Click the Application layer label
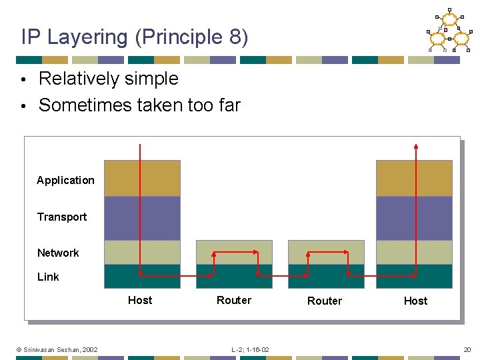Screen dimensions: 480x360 point(65,180)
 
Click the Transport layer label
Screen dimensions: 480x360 point(62,217)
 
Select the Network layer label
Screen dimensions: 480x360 point(58,253)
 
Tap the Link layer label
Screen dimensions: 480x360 point(48,277)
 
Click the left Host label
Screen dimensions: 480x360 point(140,300)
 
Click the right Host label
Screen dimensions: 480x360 point(415,301)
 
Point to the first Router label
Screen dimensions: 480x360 point(234,300)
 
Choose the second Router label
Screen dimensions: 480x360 point(325,301)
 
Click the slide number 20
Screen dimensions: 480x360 point(467,349)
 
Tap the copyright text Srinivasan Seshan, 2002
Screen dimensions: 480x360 point(57,349)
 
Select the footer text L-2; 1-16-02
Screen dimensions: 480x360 point(250,349)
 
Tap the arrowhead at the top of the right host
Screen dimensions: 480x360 point(416,146)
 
